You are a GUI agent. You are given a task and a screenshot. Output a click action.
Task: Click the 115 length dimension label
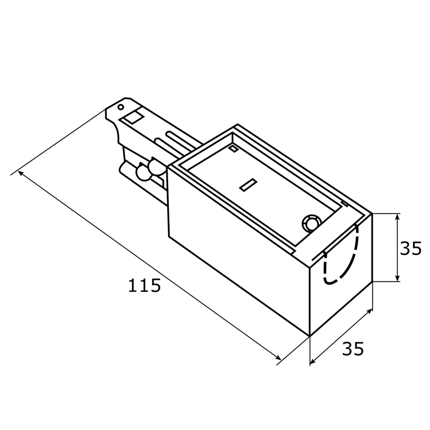pyautogui.click(x=144, y=285)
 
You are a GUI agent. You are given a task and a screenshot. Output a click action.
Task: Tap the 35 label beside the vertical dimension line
pyautogui.click(x=411, y=248)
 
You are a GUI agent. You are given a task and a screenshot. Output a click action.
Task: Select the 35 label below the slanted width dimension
pyautogui.click(x=353, y=349)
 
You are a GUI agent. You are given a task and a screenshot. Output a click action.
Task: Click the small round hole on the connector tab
pyautogui.click(x=121, y=107)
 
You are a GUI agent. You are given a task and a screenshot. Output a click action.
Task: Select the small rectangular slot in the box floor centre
pyautogui.click(x=248, y=185)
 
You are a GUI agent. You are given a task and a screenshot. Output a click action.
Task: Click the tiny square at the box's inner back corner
pyautogui.click(x=233, y=149)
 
